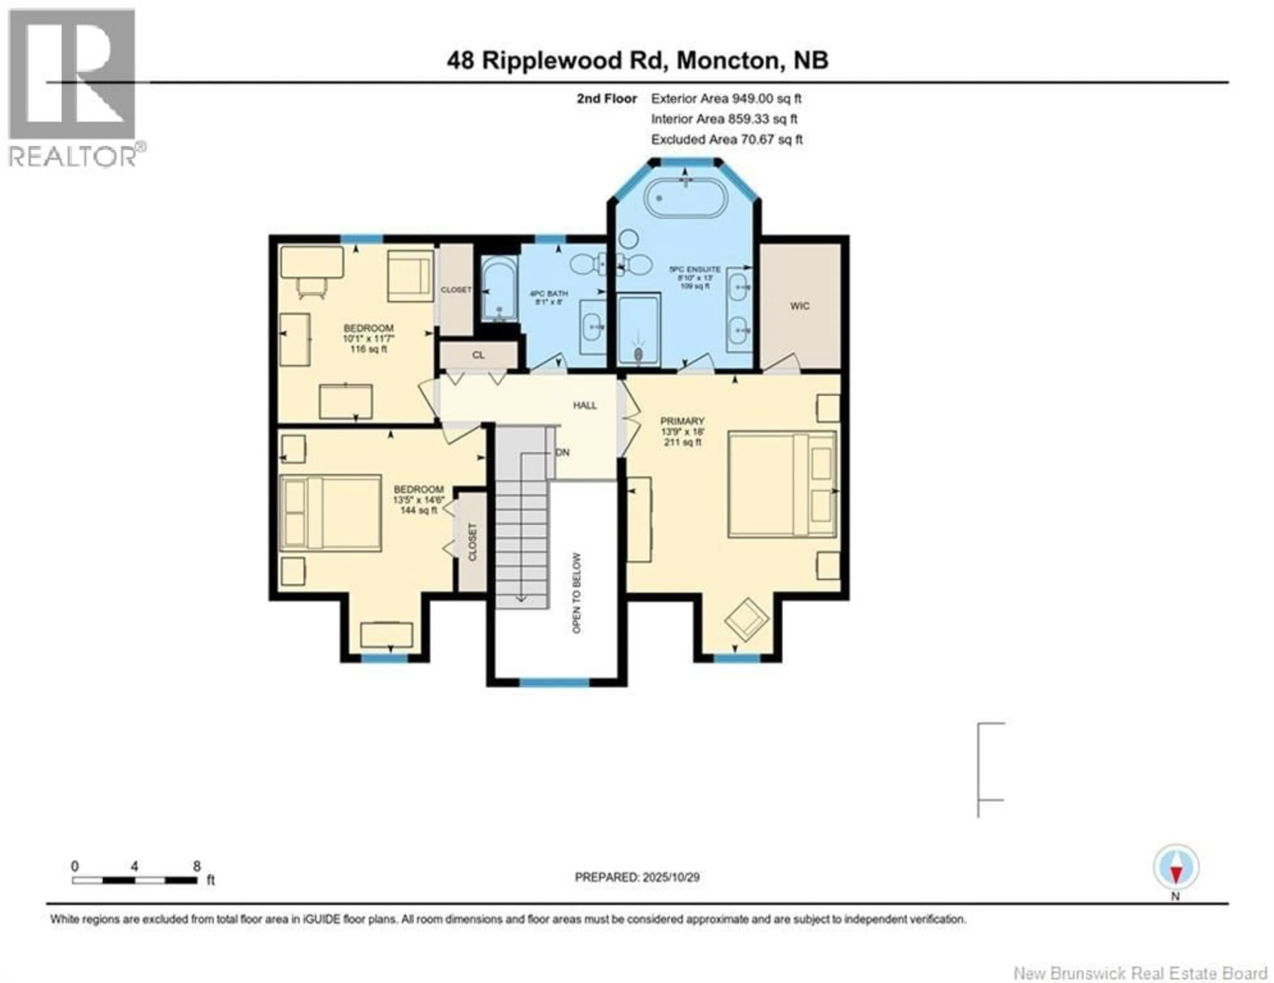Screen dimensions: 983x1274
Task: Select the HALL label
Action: (585, 405)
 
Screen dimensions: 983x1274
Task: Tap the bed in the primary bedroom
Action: (782, 484)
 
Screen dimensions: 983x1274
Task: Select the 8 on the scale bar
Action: (197, 866)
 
